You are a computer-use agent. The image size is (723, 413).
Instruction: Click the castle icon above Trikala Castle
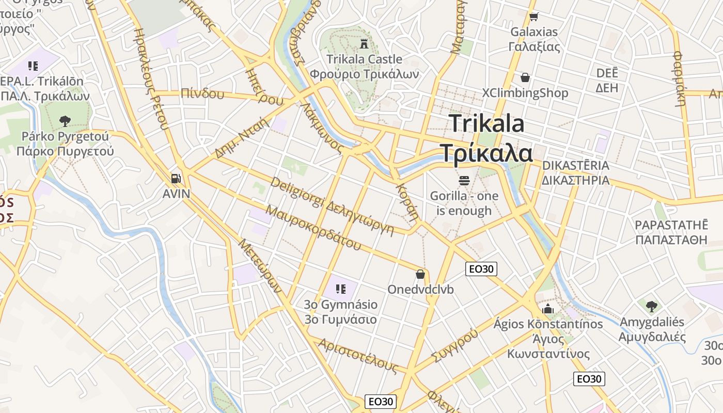(364, 44)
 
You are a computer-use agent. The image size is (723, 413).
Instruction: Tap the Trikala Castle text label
(364, 59)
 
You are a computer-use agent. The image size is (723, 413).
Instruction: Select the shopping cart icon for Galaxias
(533, 17)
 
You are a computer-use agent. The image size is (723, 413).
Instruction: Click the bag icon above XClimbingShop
(525, 77)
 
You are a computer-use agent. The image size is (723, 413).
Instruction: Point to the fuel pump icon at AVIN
(176, 179)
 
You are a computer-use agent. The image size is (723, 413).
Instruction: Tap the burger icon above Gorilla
(464, 181)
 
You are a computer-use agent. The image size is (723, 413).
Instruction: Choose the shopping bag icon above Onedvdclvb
(420, 274)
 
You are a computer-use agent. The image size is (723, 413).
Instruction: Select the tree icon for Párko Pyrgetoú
(65, 121)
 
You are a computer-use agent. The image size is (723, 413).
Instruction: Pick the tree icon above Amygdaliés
(652, 306)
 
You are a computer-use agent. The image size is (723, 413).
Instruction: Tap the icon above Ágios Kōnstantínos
(548, 309)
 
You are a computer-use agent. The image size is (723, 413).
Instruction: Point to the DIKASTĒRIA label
(575, 166)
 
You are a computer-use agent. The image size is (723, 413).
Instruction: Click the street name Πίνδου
(203, 94)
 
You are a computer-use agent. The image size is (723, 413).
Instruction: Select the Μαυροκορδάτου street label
(313, 228)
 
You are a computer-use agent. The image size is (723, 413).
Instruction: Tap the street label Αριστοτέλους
(358, 356)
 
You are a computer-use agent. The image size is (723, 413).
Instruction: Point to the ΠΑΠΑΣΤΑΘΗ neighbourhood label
(671, 240)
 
